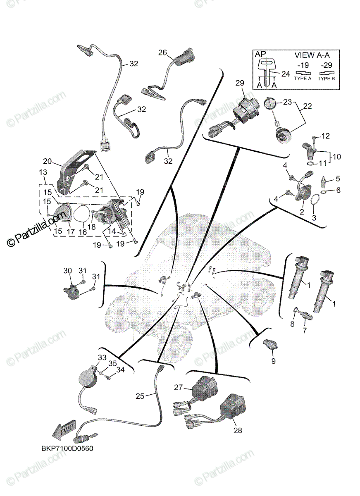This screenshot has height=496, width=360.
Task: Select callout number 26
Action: click(162, 52)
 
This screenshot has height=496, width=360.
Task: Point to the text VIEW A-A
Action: click(311, 55)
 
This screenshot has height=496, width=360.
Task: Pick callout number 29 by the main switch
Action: click(240, 83)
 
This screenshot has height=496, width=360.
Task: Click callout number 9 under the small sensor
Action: click(273, 361)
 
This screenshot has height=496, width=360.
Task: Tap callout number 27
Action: click(178, 387)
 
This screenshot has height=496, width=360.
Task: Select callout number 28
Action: click(238, 430)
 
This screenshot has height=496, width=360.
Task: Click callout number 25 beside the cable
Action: click(140, 396)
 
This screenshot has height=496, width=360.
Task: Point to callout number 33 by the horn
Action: click(102, 358)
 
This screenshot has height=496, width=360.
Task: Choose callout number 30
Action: click(67, 270)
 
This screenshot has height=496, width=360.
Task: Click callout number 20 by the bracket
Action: click(47, 161)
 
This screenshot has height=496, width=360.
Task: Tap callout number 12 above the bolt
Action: click(326, 136)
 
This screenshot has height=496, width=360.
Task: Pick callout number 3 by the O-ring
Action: click(314, 217)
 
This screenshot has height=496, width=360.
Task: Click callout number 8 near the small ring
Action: click(292, 324)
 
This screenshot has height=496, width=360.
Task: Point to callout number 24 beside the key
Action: click(286, 74)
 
